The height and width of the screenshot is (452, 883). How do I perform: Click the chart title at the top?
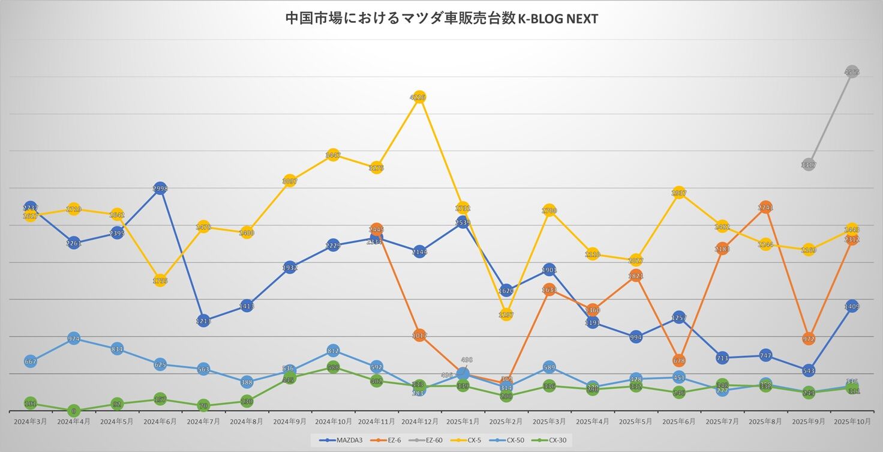click(x=441, y=19)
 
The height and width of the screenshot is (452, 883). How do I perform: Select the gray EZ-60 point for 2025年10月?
click(x=852, y=72)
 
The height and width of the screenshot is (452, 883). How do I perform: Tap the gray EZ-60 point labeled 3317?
click(x=808, y=164)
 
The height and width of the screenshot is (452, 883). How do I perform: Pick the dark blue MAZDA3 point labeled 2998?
click(x=160, y=188)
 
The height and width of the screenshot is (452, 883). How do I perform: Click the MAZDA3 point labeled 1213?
click(x=203, y=321)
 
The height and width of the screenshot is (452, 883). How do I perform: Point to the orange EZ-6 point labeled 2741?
click(x=765, y=208)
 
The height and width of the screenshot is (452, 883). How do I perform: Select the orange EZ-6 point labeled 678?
click(x=679, y=361)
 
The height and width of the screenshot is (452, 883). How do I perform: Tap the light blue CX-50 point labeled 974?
click(x=74, y=339)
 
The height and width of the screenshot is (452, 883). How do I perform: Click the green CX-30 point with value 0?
click(x=74, y=411)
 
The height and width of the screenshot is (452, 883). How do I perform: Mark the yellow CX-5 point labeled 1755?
click(x=160, y=280)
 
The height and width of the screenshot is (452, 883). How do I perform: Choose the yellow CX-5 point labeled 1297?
click(x=506, y=314)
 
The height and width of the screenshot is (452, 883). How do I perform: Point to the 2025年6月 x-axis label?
click(x=679, y=422)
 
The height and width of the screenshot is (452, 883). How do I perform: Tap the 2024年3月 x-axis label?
click(x=31, y=422)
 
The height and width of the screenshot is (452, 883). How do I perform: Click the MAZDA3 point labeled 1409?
click(x=852, y=306)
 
